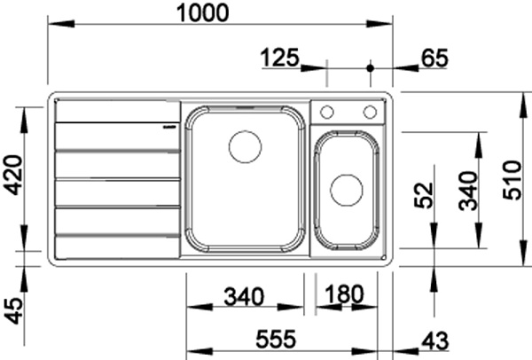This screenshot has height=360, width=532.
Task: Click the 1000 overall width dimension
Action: pyautogui.click(x=203, y=13)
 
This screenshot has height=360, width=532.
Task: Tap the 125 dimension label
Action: pyautogui.click(x=280, y=58)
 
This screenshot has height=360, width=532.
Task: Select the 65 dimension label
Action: pyautogui.click(x=434, y=58)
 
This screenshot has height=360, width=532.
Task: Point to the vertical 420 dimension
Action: pyautogui.click(x=14, y=175)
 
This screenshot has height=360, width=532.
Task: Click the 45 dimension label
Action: pyautogui.click(x=14, y=311)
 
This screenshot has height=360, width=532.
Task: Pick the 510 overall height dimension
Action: pyautogui.click(x=512, y=180)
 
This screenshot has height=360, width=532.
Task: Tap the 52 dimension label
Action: pyautogui.click(x=424, y=195)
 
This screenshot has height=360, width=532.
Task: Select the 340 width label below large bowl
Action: pyautogui.click(x=244, y=296)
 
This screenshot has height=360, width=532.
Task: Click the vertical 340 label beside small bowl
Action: pyautogui.click(x=468, y=191)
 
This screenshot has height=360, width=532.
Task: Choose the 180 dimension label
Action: pyautogui.click(x=344, y=293)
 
